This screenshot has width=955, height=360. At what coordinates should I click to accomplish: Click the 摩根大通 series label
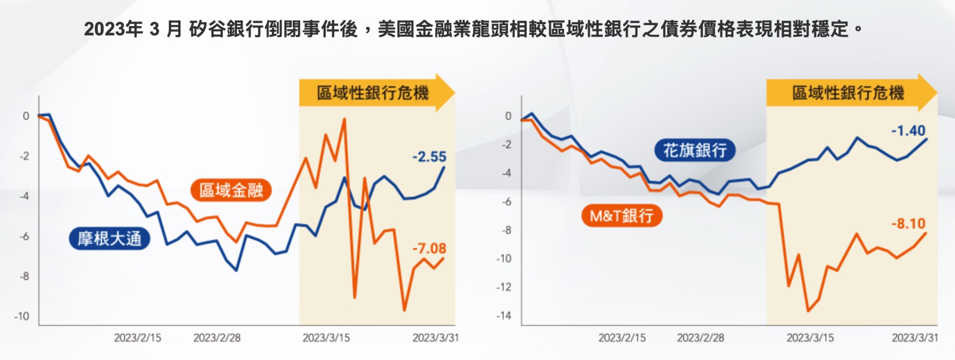click(110, 239)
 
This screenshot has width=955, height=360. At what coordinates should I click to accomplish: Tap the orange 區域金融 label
click(231, 190)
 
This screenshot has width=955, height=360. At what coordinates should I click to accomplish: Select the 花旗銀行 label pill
click(695, 150)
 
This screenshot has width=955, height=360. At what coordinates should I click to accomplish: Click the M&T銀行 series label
click(622, 216)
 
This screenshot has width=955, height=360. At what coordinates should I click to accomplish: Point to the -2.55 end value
click(429, 157)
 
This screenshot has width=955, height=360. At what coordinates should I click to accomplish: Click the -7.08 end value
click(429, 249)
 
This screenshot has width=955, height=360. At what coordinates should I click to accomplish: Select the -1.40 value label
click(908, 131)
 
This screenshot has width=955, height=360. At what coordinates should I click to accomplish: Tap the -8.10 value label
click(908, 224)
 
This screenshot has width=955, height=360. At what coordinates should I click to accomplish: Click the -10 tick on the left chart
click(21, 316)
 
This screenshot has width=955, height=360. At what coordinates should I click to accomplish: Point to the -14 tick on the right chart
click(504, 316)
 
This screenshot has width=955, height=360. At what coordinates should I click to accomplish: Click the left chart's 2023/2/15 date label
click(138, 338)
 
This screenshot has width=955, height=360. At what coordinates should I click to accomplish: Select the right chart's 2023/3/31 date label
click(915, 338)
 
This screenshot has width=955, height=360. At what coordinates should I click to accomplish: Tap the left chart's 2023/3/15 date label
click(326, 338)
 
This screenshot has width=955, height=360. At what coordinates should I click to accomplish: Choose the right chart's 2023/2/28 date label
click(700, 338)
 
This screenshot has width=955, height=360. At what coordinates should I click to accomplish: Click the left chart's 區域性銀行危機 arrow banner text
click(373, 93)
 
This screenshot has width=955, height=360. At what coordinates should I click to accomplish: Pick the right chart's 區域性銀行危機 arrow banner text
click(848, 93)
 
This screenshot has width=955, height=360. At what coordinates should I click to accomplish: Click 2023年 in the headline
click(113, 29)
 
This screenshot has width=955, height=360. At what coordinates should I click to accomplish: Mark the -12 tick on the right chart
click(504, 287)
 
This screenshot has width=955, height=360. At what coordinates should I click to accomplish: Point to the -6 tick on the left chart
click(24, 236)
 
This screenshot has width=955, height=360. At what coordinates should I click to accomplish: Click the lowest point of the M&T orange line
click(808, 311)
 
